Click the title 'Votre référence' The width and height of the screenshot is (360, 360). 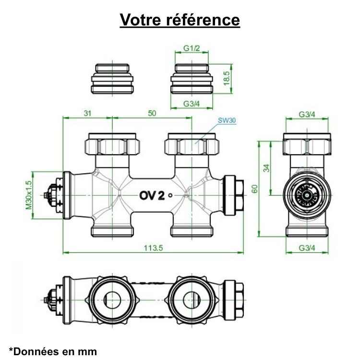(180, 20)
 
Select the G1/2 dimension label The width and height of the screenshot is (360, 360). (192, 49)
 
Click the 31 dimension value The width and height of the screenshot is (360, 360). (88, 113)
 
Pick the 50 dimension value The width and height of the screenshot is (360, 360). (152, 113)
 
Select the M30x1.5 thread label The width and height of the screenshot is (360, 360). (29, 195)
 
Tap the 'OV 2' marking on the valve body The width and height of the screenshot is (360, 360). (152, 195)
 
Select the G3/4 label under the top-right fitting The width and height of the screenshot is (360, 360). (192, 104)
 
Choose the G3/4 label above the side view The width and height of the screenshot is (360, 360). (307, 114)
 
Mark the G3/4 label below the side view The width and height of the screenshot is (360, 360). (307, 248)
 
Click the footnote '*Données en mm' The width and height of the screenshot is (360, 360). (53, 351)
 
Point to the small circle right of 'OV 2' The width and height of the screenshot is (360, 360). (172, 195)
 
